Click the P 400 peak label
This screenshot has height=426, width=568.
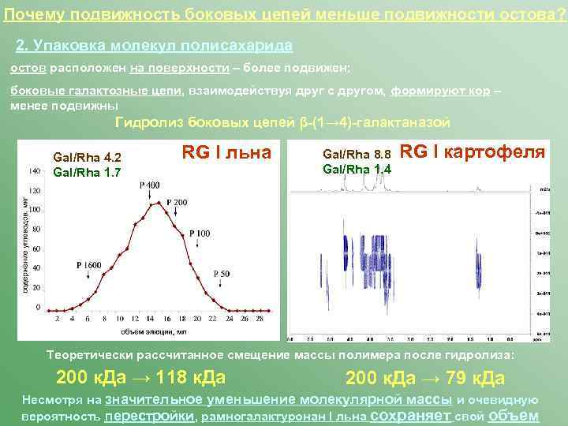150,185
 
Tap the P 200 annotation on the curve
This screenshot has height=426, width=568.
177,203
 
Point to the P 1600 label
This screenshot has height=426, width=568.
89,265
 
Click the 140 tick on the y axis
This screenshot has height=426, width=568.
35,170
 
